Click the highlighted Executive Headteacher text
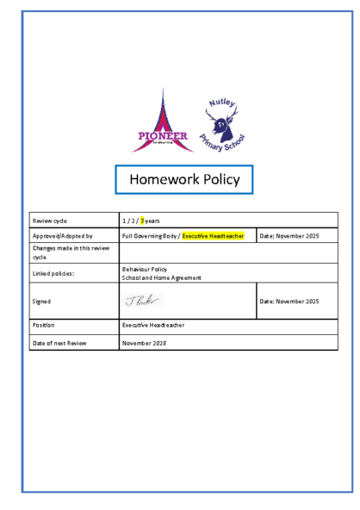213,235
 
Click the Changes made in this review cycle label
59,252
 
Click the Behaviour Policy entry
145,269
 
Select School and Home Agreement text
162,277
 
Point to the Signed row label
41,302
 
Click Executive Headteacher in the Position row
153,326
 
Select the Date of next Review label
59,343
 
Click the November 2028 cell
143,343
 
